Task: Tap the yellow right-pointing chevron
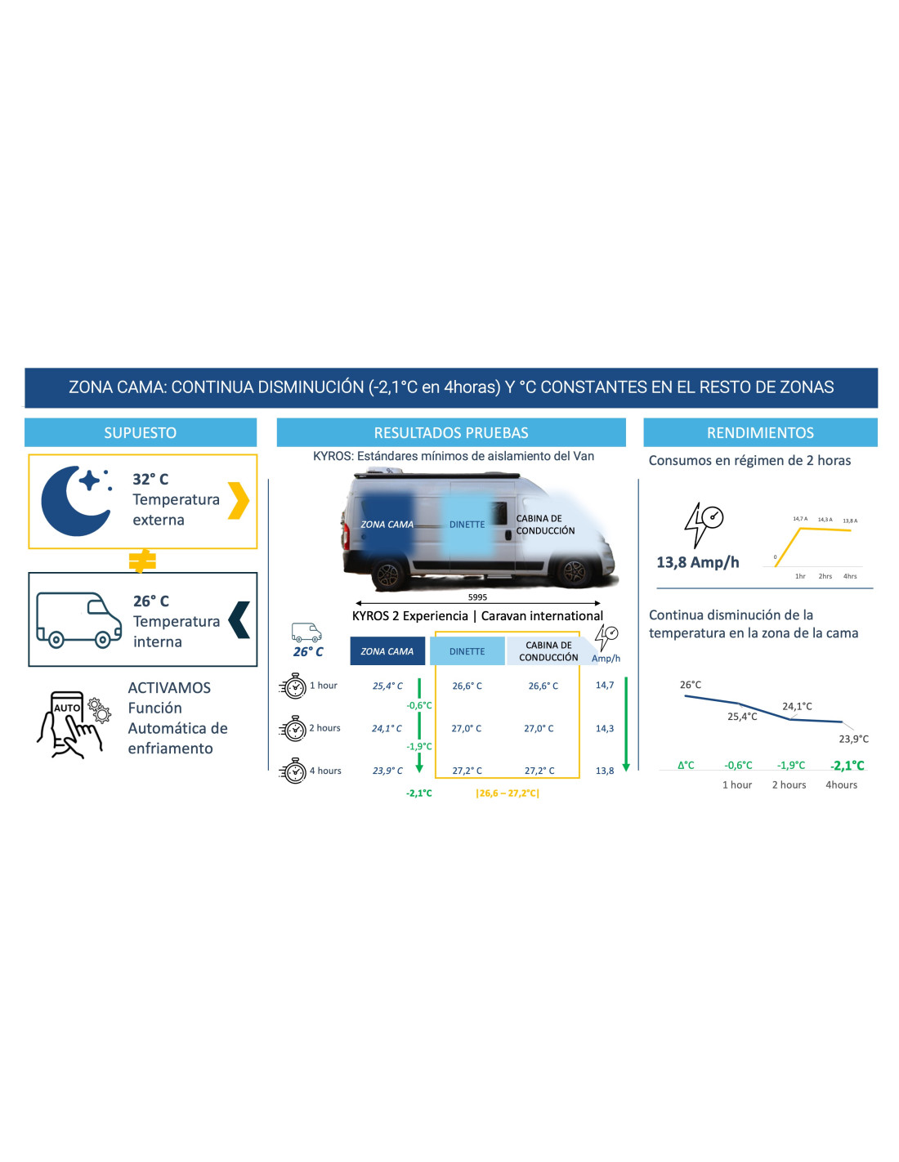pyautogui.click(x=239, y=501)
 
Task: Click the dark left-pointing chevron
pyautogui.click(x=239, y=619)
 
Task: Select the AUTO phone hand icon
pyautogui.click(x=74, y=725)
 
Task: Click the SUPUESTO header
pyautogui.click(x=140, y=432)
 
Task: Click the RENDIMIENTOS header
pyautogui.click(x=760, y=432)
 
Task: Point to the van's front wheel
pyautogui.click(x=574, y=573)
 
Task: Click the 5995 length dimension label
pyautogui.click(x=477, y=597)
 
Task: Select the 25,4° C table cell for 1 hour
pyautogui.click(x=387, y=686)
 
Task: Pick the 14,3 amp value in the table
pyautogui.click(x=605, y=728)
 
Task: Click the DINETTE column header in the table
pyautogui.click(x=467, y=650)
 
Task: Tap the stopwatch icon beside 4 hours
pyautogui.click(x=293, y=771)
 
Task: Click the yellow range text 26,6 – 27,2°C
pyautogui.click(x=508, y=793)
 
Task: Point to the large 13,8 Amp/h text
pyautogui.click(x=698, y=562)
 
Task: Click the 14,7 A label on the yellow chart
pyautogui.click(x=800, y=519)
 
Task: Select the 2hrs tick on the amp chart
pyautogui.click(x=825, y=576)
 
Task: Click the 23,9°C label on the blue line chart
pyautogui.click(x=853, y=739)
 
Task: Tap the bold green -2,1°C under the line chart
pyautogui.click(x=848, y=765)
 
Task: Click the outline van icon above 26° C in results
pyautogui.click(x=306, y=632)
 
